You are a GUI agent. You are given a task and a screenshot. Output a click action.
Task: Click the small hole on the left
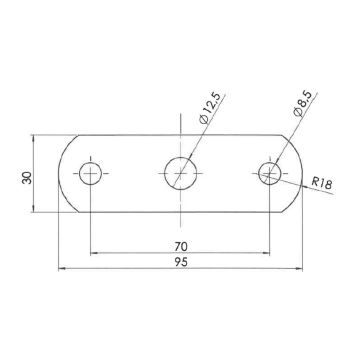92,172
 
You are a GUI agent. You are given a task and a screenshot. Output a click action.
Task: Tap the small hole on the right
269,172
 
